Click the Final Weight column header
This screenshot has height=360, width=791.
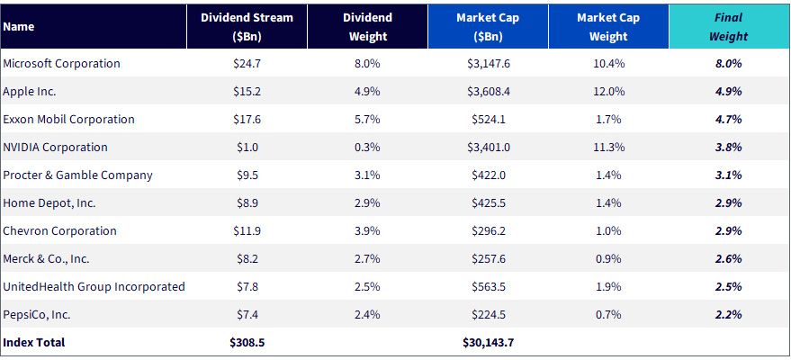coord(728,27)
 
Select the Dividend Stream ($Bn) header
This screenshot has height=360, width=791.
coord(247,27)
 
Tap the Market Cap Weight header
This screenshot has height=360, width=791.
coord(608,27)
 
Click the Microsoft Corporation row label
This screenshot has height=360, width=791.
coord(61,64)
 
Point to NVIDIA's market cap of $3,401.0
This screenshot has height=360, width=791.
coord(488,148)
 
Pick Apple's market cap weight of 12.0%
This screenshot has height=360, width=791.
coord(608,92)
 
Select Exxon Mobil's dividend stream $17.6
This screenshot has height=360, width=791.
coord(247,120)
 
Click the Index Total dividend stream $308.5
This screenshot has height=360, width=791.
coord(247,342)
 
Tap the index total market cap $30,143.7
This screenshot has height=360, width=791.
coord(488,342)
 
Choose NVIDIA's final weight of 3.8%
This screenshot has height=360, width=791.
coord(728,148)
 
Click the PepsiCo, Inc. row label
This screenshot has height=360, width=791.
coord(36,315)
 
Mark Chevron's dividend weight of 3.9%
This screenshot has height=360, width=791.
coord(367,231)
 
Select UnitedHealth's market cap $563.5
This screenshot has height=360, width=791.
coord(488,287)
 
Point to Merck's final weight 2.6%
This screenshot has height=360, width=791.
coord(728,258)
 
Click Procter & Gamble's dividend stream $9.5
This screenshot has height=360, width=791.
coord(247,175)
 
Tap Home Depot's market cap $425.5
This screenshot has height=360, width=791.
coord(488,203)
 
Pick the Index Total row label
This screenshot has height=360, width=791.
coord(34,342)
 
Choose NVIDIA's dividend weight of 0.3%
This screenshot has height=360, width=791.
coord(367,148)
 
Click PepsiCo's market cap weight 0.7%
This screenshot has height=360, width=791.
coord(608,315)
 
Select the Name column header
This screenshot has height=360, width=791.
coord(18,27)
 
